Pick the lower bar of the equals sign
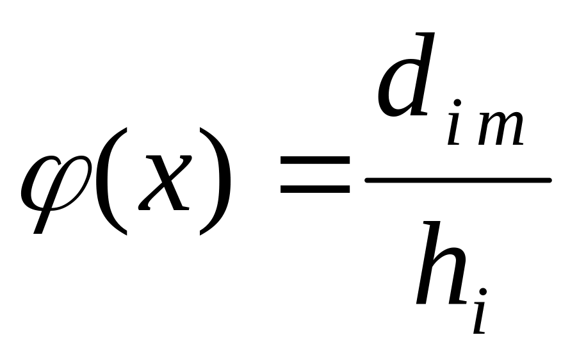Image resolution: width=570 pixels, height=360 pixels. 315,191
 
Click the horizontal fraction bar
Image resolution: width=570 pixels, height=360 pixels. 457,180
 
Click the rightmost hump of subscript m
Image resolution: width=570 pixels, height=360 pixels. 516,131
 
